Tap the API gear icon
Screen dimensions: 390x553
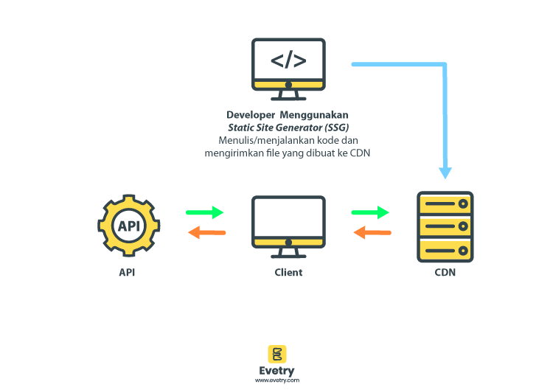coord(128,226)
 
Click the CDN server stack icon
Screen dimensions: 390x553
coord(445,226)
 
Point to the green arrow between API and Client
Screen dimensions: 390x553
coord(205,213)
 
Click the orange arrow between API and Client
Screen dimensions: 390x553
coord(206,233)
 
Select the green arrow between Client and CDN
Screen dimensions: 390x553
coord(370,213)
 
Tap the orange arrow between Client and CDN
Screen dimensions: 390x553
coord(372,233)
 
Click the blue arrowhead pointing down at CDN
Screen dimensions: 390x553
coord(445,172)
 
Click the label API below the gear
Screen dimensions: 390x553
coord(128,272)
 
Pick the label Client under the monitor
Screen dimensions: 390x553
coord(288,272)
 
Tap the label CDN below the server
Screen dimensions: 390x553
coord(445,272)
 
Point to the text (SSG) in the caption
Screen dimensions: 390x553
coord(333,128)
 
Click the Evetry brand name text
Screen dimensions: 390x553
coord(277,371)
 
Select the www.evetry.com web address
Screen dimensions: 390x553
coord(277,380)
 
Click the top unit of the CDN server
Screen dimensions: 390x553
coord(445,204)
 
